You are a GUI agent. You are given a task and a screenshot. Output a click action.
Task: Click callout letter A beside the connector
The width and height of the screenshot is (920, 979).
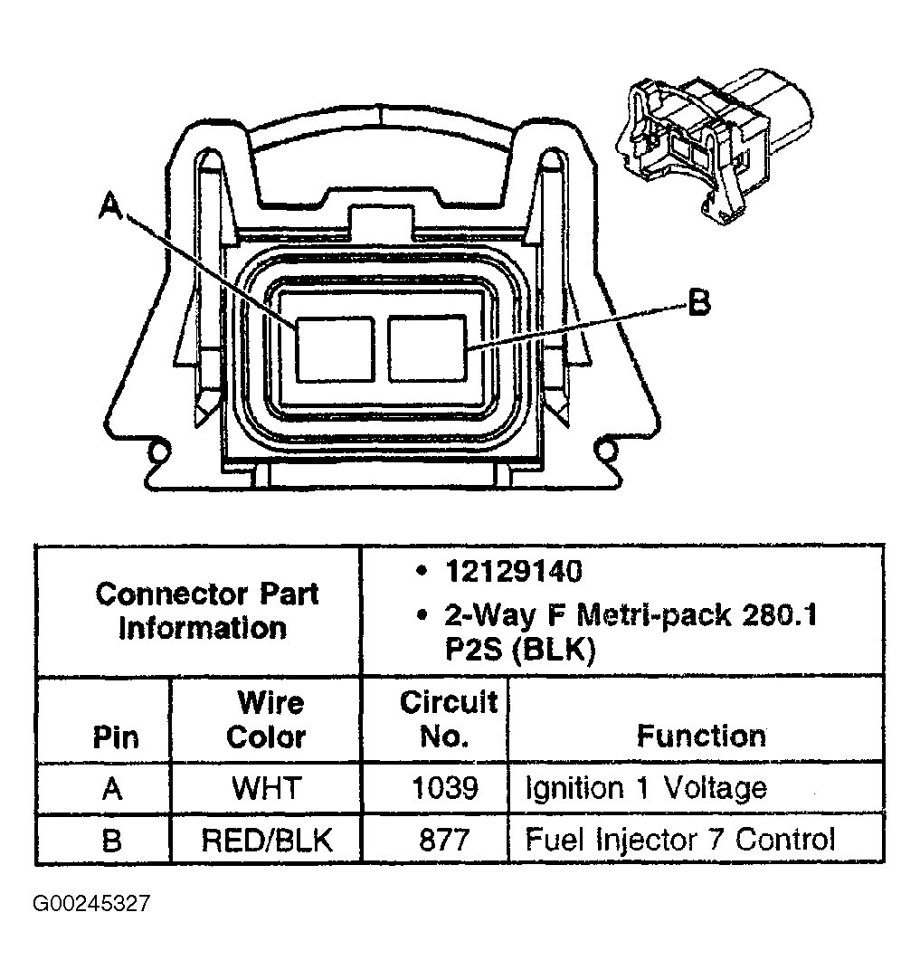[110, 208]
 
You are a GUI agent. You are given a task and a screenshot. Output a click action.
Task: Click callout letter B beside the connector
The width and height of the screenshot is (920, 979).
[697, 304]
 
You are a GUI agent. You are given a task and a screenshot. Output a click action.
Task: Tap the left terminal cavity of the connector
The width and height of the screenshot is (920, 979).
[336, 348]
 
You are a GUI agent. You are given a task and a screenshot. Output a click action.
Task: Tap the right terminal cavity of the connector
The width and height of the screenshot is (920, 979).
[427, 348]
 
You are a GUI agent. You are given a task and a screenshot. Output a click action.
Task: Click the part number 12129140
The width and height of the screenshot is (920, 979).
[513, 572]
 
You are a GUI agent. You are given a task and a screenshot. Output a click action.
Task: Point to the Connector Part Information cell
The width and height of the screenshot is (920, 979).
[207, 611]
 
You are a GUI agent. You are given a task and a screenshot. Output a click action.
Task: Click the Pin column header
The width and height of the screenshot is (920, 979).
[116, 737]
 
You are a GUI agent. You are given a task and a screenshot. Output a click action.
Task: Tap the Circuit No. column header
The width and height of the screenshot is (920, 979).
[448, 719]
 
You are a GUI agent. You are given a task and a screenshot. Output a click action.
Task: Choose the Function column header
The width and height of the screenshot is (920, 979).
[700, 736]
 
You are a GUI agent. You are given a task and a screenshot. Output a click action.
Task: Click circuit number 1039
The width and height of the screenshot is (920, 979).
[444, 788]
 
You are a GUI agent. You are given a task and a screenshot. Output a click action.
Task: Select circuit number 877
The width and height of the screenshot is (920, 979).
[444, 840]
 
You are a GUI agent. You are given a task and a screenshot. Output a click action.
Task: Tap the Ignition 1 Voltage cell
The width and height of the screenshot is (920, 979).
[646, 788]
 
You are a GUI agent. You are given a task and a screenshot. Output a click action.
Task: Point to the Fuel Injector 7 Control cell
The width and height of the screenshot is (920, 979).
[679, 840]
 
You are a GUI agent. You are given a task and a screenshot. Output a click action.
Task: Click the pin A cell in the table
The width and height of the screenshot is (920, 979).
[112, 788]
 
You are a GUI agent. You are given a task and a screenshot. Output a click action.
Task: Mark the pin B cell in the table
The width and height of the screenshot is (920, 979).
[112, 840]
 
